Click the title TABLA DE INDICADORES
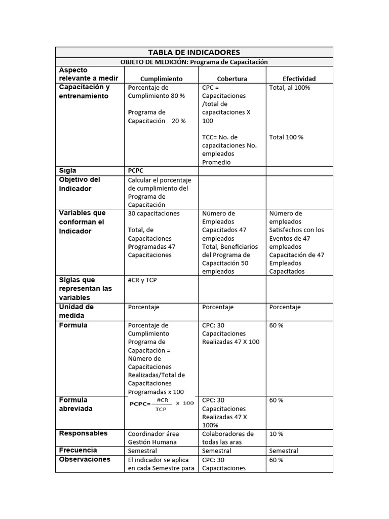(x=194, y=52)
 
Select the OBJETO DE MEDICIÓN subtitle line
(x=194, y=62)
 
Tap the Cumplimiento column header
(x=161, y=79)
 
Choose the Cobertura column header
(x=232, y=79)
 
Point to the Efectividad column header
(x=299, y=79)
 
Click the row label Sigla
(x=68, y=171)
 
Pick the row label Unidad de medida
(x=76, y=311)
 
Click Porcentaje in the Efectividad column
(x=285, y=307)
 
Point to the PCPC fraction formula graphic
(x=162, y=403)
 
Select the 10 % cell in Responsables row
(x=277, y=434)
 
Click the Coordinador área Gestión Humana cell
(x=153, y=438)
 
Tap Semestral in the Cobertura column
(x=217, y=451)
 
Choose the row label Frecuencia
(x=78, y=450)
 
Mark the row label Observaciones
(x=85, y=459)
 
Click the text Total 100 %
(x=286, y=137)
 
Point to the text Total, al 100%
(x=290, y=87)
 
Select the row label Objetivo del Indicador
(x=80, y=184)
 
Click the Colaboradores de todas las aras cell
(x=227, y=438)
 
